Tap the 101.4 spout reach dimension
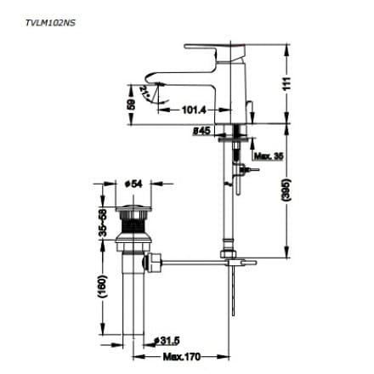pos(196,110)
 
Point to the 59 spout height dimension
pos(130,105)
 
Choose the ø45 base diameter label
pos(201,131)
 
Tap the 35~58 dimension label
pos(100,223)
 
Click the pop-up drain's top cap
pos(133,207)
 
